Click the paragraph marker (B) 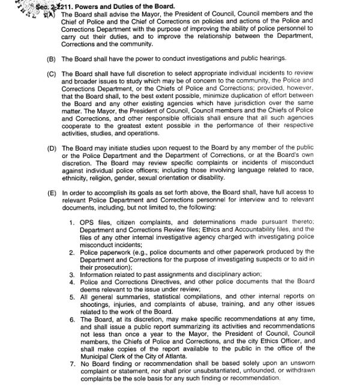click(51, 59)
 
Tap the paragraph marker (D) click(51, 148)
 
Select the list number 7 click(71, 363)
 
